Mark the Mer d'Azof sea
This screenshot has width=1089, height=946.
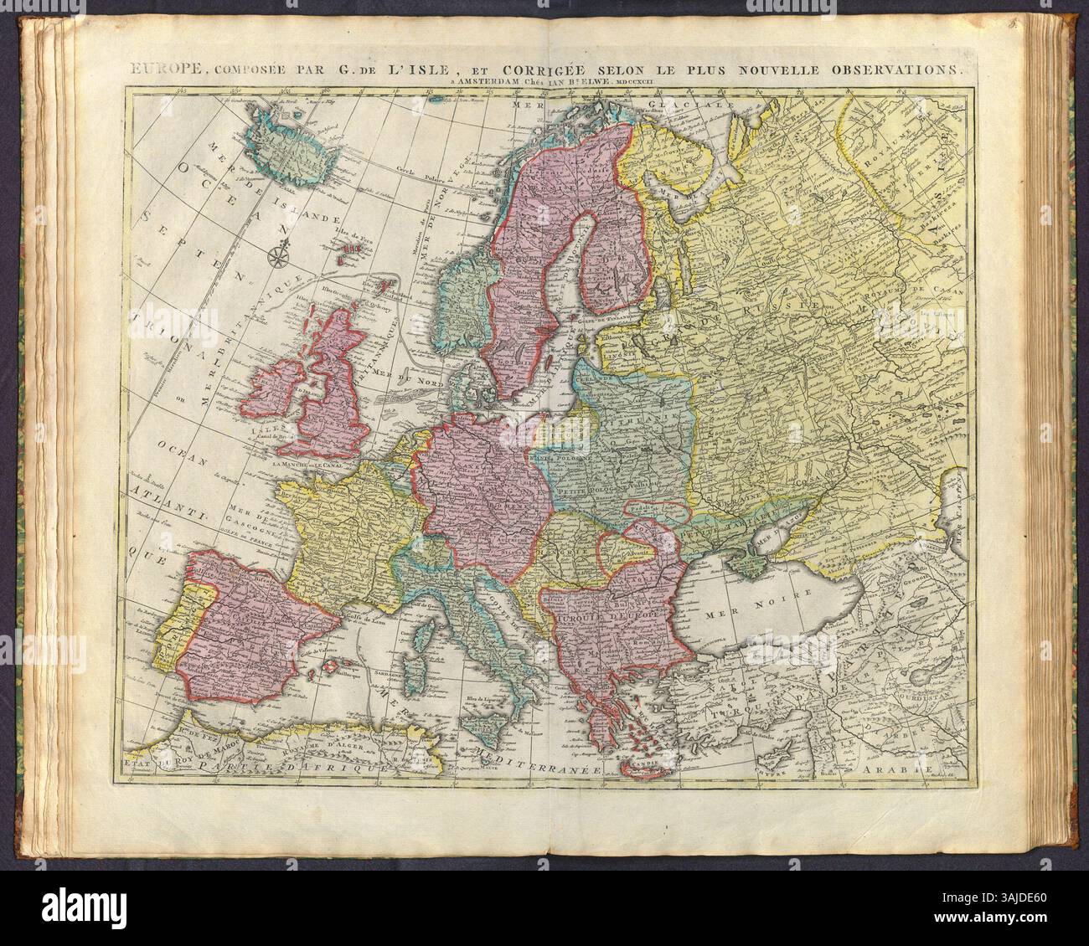(x=770, y=544)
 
